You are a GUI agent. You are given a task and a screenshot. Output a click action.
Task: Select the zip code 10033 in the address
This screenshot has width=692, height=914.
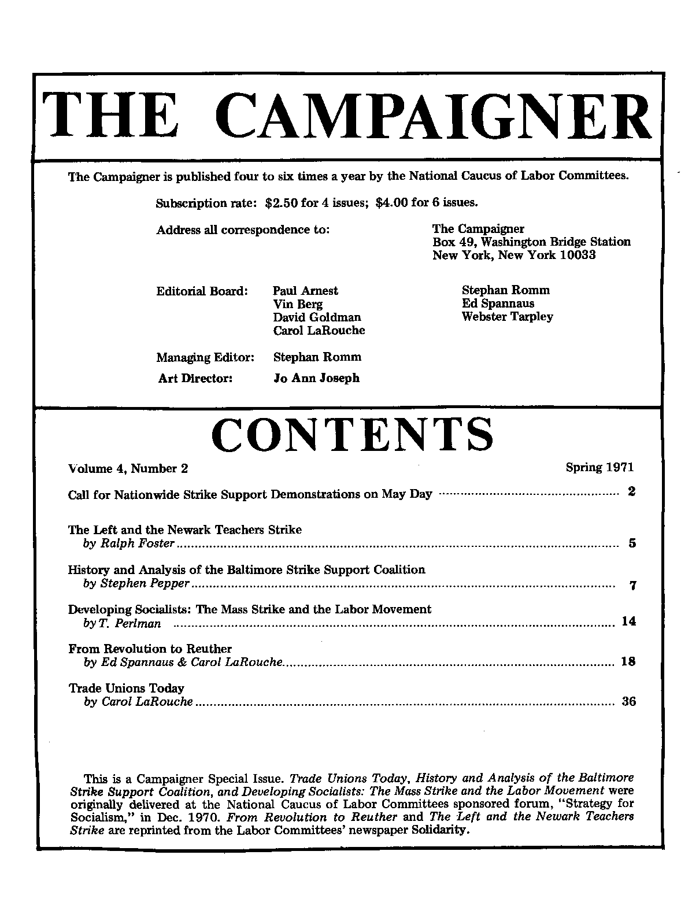(578, 254)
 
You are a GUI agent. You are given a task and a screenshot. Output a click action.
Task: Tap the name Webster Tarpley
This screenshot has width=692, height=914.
(507, 317)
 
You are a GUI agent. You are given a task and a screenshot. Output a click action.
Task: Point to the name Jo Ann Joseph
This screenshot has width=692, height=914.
(316, 378)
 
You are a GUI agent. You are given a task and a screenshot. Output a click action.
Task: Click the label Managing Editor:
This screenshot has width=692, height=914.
(205, 358)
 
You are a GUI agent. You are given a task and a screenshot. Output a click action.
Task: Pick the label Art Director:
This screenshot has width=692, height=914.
(195, 379)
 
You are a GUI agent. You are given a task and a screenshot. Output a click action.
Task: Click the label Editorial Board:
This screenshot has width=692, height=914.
(202, 291)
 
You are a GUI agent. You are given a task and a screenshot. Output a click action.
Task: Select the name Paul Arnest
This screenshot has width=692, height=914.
(305, 291)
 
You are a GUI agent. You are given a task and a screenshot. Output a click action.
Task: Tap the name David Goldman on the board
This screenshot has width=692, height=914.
(317, 317)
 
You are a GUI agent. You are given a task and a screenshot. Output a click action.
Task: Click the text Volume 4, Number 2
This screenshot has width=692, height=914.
(128, 469)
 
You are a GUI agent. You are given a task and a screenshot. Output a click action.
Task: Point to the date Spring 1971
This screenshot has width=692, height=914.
(600, 467)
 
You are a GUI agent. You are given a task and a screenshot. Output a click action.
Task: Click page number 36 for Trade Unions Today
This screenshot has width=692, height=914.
(628, 702)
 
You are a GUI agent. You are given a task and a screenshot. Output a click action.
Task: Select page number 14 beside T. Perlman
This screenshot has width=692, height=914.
(628, 621)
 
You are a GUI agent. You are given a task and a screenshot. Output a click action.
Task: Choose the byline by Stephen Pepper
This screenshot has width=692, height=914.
(136, 584)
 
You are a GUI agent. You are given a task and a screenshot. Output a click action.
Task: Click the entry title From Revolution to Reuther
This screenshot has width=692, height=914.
(150, 649)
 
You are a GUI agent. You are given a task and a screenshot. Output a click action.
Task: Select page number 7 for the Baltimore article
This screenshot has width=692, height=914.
(632, 586)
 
